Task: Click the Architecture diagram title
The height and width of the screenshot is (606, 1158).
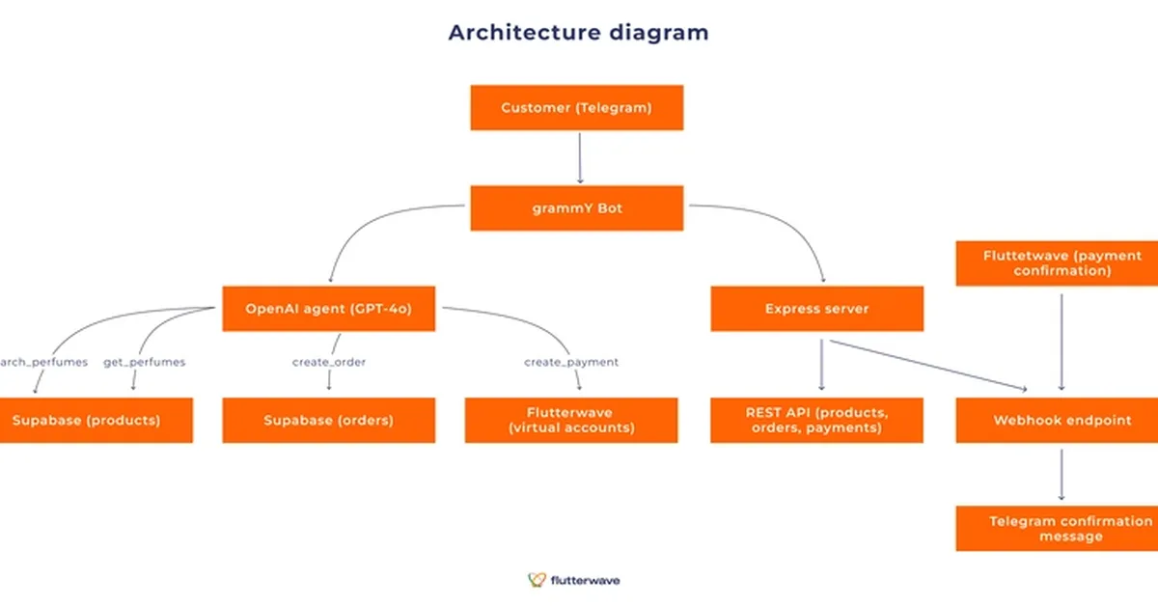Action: [578, 32]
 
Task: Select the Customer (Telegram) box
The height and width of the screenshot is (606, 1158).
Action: [576, 107]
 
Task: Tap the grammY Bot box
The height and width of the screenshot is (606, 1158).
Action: [576, 207]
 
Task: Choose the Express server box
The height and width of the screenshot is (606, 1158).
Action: [816, 309]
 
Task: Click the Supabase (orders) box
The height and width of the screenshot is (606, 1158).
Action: [328, 421]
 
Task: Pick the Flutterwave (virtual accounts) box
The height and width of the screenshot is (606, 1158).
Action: [571, 420]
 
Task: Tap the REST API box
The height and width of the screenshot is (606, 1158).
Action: [816, 420]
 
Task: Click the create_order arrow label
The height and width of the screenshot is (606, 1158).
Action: [329, 362]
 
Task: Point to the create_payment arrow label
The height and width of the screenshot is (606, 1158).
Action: [571, 362]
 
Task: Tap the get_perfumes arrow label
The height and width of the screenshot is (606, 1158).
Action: [144, 362]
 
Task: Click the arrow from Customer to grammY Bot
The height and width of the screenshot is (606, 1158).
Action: [579, 157]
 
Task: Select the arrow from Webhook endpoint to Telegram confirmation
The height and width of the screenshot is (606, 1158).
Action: [1061, 474]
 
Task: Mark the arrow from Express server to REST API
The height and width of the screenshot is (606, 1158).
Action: [821, 365]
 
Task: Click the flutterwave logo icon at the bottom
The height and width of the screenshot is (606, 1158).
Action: [537, 580]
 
